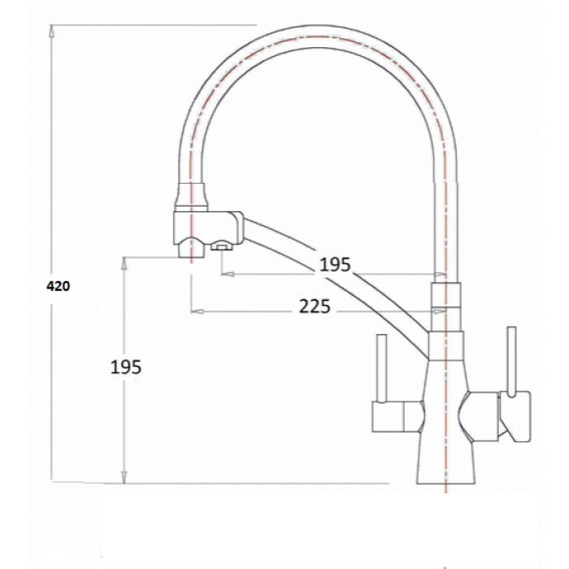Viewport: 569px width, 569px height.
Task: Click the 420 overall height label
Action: pyautogui.click(x=58, y=285)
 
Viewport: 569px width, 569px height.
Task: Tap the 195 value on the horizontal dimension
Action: pyautogui.click(x=334, y=264)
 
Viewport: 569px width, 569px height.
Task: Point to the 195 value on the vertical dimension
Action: pyautogui.click(x=126, y=367)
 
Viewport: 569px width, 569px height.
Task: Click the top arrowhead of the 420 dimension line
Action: pyautogui.click(x=51, y=31)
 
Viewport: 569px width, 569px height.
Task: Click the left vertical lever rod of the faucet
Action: pyautogui.click(x=380, y=367)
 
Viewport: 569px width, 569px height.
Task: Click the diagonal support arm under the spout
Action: pyautogui.click(x=341, y=276)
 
